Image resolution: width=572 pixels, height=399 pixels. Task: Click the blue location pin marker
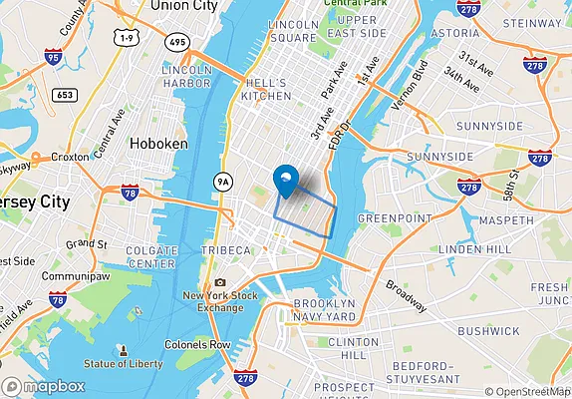click(286, 181)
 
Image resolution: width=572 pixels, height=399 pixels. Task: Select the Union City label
click(183, 6)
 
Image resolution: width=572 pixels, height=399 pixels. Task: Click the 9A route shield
click(224, 182)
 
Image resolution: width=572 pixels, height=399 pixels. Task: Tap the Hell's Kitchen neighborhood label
click(266, 89)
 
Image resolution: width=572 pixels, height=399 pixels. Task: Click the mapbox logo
click(43, 386)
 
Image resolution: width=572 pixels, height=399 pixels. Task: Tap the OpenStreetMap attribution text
click(528, 392)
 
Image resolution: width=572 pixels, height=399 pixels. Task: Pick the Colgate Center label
click(153, 257)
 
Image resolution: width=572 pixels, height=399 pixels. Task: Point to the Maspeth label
click(506, 219)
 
